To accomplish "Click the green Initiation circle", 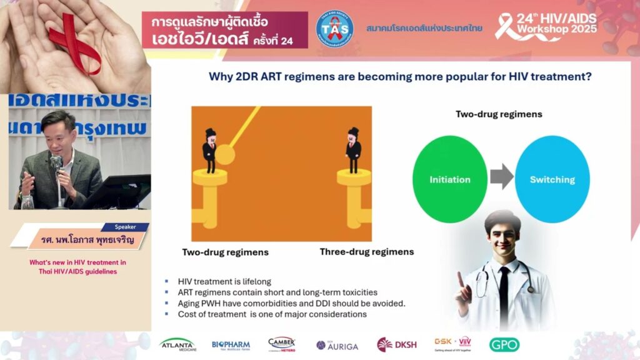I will [x=450, y=179].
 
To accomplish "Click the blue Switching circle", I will [x=552, y=179].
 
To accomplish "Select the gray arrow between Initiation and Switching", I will [x=501, y=179].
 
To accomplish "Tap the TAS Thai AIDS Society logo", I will [x=334, y=29].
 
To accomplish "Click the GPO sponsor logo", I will [x=504, y=344].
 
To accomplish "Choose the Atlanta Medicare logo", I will [x=177, y=344].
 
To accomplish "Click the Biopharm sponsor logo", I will [x=231, y=344].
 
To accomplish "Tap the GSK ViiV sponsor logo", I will [x=452, y=344].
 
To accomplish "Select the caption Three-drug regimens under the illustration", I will [x=366, y=252].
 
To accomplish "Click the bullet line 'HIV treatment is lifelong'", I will [x=224, y=282].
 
